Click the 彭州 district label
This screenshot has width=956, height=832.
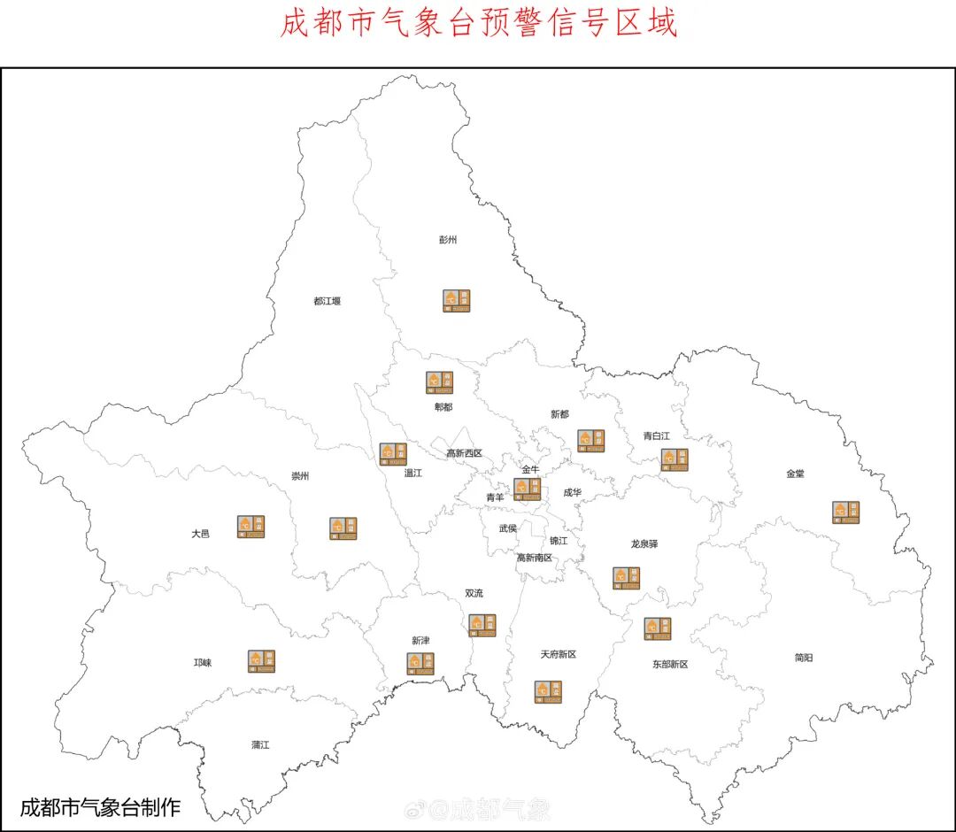[x=448, y=240]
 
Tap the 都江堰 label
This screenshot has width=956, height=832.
[x=327, y=301]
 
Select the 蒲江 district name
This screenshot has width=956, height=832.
[x=259, y=744]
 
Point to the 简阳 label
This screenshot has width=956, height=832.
[x=804, y=657]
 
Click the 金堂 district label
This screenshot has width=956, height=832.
[x=795, y=474]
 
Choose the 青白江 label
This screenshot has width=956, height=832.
[x=657, y=435]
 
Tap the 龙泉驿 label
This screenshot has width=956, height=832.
[x=644, y=543]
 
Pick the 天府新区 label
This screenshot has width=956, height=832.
[x=558, y=654]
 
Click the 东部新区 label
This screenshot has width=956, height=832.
[x=670, y=663]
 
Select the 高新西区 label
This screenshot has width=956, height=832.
[x=464, y=453]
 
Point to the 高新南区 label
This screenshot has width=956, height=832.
[x=535, y=558]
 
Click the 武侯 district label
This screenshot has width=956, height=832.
[x=507, y=528]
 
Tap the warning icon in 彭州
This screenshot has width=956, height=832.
[x=457, y=301]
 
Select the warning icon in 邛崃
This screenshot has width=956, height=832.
[x=261, y=660]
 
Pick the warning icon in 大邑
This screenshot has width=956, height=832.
[x=251, y=527]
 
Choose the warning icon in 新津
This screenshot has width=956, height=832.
[x=420, y=664]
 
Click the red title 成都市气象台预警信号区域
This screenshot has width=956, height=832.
[x=479, y=23]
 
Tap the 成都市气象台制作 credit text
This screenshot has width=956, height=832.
[x=100, y=807]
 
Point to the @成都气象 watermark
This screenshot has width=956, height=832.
[x=478, y=808]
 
